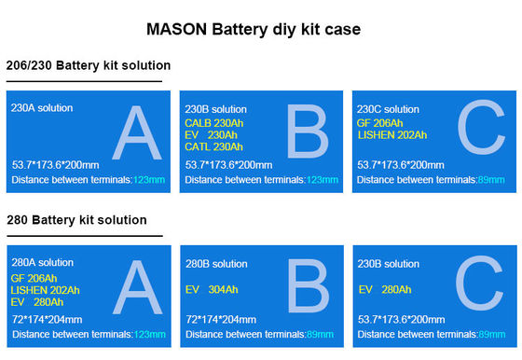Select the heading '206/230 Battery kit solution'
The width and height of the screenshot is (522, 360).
[x=88, y=66]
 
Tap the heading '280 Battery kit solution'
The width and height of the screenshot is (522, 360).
[x=76, y=221]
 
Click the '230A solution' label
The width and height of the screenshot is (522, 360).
[x=42, y=108]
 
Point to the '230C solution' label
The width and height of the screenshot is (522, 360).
[x=389, y=109]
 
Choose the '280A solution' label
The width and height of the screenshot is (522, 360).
[x=43, y=263]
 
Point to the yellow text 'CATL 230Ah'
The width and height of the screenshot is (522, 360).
[x=214, y=145]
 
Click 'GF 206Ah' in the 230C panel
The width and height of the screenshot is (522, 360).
[x=380, y=122]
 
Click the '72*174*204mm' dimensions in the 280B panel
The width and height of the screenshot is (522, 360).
[x=219, y=318]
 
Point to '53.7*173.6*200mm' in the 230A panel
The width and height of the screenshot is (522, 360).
[x=55, y=164]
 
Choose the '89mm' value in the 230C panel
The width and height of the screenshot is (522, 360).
[x=491, y=179]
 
